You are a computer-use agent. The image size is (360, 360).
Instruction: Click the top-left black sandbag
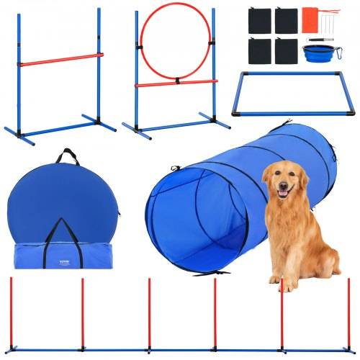(x=257, y=20)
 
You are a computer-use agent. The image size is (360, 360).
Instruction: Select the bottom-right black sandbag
(x=287, y=50)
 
